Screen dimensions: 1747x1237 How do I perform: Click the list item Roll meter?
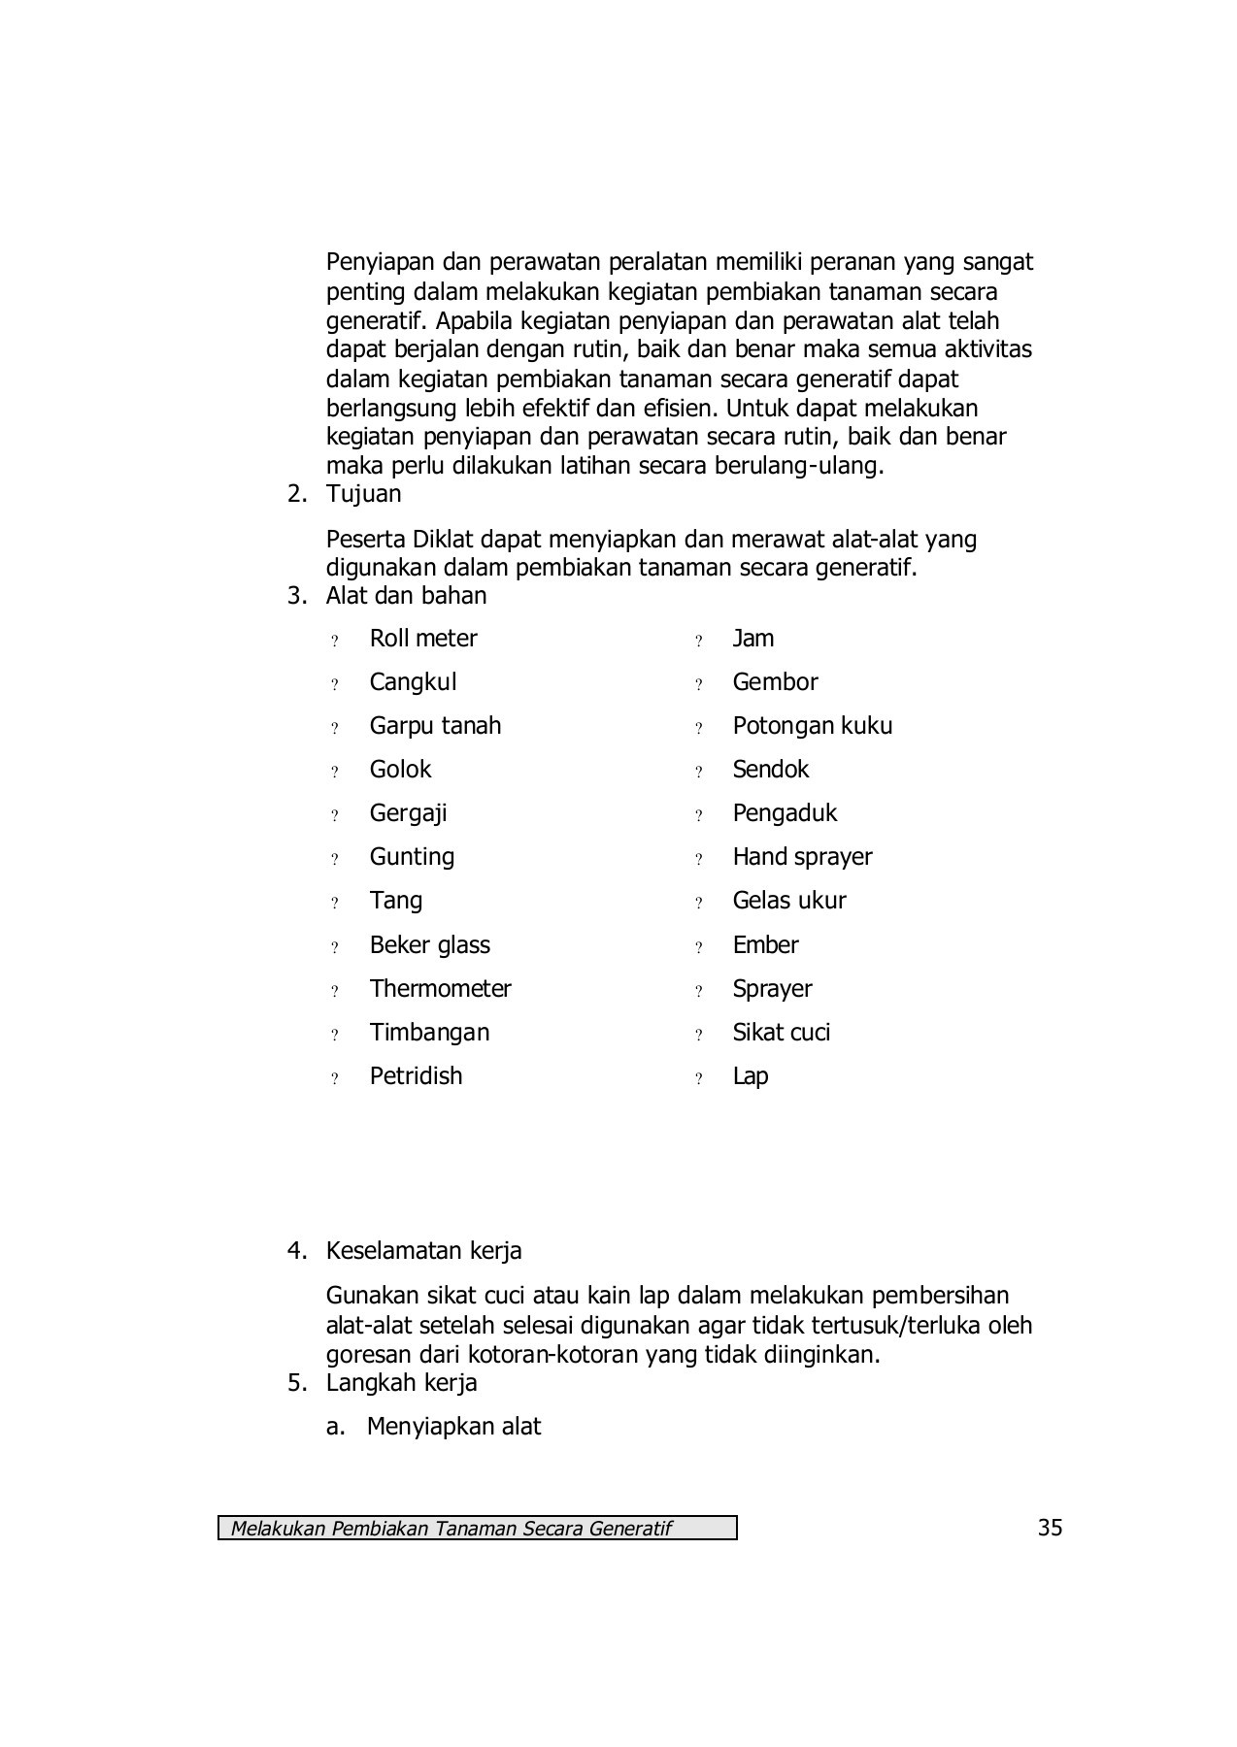422,639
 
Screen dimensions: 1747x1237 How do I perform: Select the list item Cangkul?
413,682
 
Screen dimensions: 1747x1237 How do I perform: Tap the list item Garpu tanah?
435,726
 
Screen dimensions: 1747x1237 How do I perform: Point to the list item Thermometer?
440,989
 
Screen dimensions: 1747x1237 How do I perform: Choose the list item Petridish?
416,1076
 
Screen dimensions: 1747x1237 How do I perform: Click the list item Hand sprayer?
802,857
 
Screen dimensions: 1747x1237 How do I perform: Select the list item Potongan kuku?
812,726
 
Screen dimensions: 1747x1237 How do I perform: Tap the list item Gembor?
775,682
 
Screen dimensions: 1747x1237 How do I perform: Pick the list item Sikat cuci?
781,1033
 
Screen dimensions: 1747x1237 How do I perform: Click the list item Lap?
750,1076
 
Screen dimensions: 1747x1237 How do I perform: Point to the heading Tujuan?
363,494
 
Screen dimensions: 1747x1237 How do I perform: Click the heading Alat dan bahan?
406,596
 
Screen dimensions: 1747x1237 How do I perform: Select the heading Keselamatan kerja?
423,1251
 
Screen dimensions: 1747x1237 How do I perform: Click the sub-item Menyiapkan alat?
452,1427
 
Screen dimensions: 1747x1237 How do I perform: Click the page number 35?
1050,1528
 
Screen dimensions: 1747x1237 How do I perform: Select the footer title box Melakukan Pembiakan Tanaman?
477,1529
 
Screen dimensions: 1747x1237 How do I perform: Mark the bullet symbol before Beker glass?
335,947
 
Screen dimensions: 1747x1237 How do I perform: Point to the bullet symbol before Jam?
698,641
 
